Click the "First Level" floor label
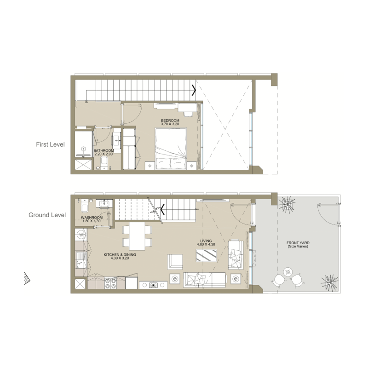click(50, 144)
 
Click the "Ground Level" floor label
click(47, 215)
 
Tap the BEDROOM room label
click(170, 120)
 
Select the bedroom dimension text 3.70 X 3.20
click(170, 124)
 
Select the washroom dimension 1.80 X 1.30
click(91, 221)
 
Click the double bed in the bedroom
click(171, 149)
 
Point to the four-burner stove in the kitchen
click(111, 283)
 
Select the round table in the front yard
click(288, 271)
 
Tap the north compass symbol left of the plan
click(28, 278)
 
